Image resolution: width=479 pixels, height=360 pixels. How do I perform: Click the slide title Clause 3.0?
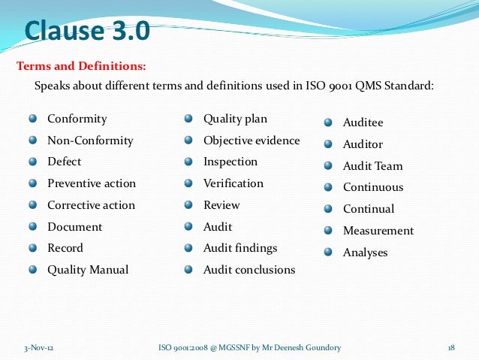coord(87,32)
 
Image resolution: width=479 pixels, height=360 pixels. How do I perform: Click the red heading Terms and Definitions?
coord(81,66)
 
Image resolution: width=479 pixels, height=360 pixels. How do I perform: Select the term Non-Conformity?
coord(90,141)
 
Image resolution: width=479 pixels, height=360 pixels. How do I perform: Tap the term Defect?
coord(65,162)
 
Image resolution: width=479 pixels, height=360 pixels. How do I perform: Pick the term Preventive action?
coord(92,183)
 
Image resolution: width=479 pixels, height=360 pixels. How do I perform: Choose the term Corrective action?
coord(91,205)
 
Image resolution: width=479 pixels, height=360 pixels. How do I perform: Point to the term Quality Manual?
coord(88,270)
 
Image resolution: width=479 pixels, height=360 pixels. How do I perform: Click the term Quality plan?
coord(235,119)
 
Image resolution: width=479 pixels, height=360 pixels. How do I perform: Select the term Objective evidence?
coord(252,141)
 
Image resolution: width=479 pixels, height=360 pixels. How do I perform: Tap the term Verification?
coord(233,183)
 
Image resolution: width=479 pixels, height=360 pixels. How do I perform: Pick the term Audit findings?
coord(240,248)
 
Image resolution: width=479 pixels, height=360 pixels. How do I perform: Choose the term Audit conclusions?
coord(249,270)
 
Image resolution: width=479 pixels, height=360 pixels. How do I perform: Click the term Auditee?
coord(363,123)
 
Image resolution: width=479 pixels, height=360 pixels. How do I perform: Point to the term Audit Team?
coord(372,166)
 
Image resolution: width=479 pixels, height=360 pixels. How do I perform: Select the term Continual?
coord(369,209)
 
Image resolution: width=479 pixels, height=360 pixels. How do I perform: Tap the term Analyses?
coord(366,253)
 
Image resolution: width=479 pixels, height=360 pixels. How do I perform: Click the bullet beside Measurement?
coord(329,230)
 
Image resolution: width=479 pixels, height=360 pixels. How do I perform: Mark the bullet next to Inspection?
coord(189,162)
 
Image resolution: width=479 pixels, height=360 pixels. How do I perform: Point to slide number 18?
coord(451,347)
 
